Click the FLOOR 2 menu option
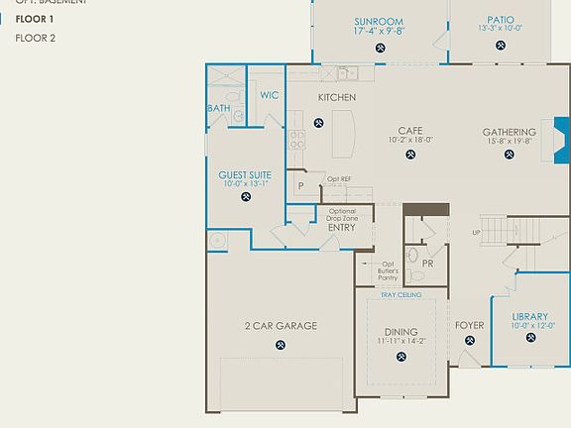(36, 38)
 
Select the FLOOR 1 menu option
(36, 18)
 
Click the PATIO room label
(501, 19)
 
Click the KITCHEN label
(336, 97)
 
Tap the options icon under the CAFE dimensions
(410, 155)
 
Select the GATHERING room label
(509, 132)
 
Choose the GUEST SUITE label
(246, 174)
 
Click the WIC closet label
(269, 95)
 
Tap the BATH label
(218, 108)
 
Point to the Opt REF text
(339, 179)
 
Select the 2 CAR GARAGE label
(281, 326)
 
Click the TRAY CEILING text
(401, 295)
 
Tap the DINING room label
(400, 332)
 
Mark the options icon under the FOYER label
(469, 340)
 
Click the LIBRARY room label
(529, 317)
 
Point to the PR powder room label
(427, 265)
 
